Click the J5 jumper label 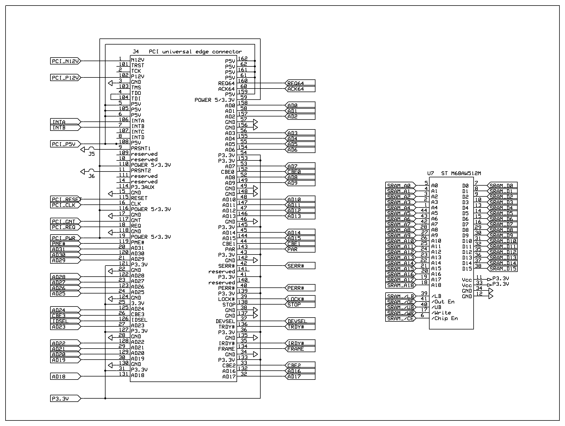(x=91, y=154)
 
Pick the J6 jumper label (x=91, y=176)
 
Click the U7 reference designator (x=431, y=173)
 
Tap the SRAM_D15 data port (x=503, y=269)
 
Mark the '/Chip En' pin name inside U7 (x=445, y=318)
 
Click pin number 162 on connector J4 (x=243, y=58)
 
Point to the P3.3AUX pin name (x=143, y=187)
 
